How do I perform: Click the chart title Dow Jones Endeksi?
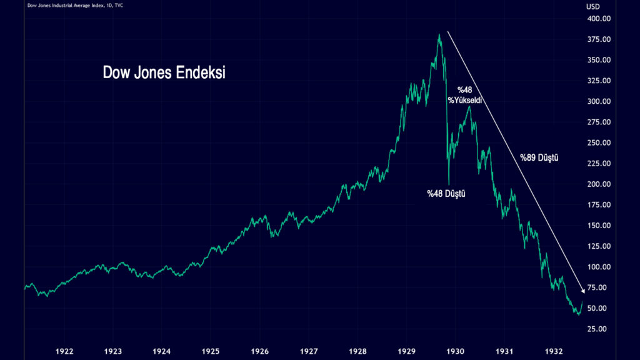[164, 72]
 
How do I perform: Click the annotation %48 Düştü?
[446, 194]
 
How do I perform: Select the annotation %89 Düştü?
[539, 158]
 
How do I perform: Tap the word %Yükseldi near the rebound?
[465, 101]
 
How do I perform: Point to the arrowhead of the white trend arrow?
[584, 291]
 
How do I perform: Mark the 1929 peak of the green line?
[439, 34]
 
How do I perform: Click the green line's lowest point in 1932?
[578, 314]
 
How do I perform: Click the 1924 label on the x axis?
[162, 351]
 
